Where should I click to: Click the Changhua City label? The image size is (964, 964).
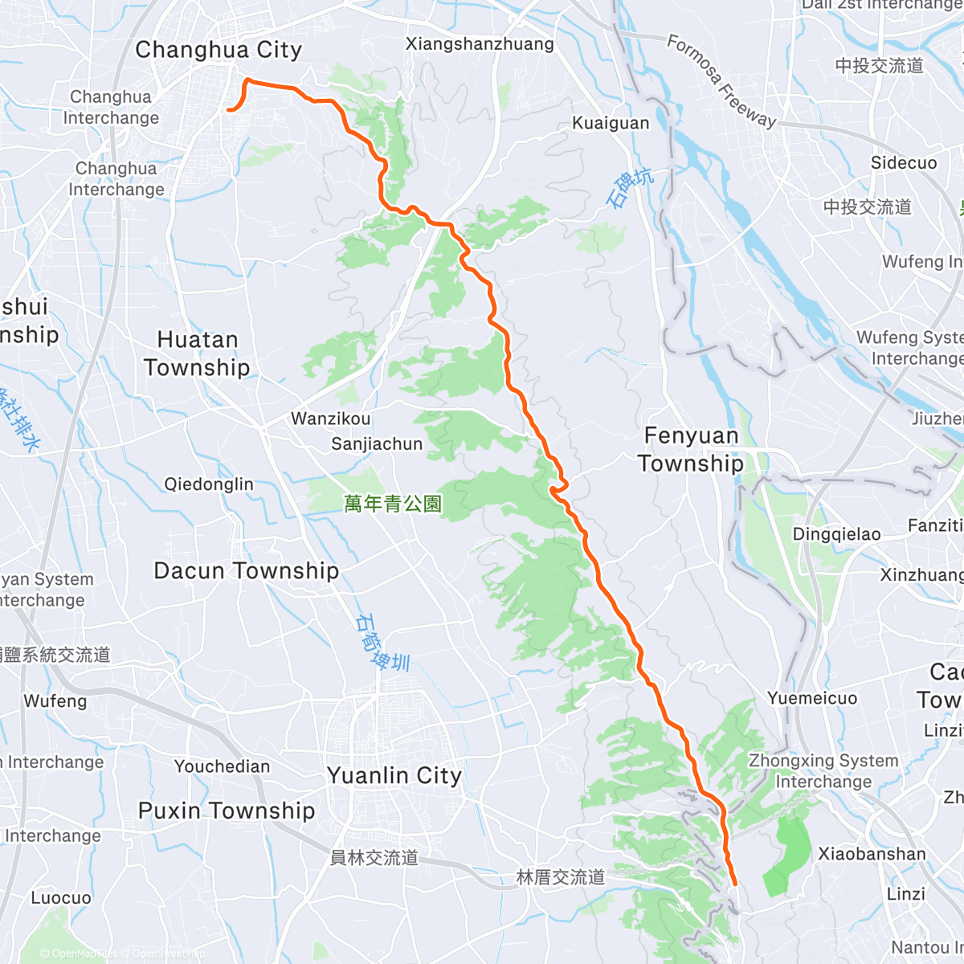(x=219, y=50)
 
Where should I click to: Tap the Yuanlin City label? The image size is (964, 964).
(x=394, y=776)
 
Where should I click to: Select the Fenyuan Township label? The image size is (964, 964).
(x=691, y=449)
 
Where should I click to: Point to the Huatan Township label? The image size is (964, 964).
(x=197, y=353)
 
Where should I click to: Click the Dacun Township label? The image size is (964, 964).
(x=246, y=571)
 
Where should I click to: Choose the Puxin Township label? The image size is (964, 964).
(x=227, y=811)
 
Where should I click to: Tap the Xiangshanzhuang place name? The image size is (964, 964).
(x=480, y=44)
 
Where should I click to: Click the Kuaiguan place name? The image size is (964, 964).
(x=611, y=123)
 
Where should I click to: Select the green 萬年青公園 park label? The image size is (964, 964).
(x=393, y=504)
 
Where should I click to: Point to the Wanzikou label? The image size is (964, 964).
(x=331, y=419)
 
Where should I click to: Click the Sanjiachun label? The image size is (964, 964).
(x=377, y=443)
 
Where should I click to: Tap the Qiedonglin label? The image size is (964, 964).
(x=209, y=484)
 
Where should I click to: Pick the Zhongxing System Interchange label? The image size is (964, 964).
(x=823, y=771)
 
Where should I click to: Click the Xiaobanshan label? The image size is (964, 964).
(x=872, y=854)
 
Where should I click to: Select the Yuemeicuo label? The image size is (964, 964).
(x=812, y=698)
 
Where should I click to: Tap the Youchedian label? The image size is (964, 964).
(x=223, y=766)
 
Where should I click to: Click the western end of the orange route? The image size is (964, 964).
(x=229, y=110)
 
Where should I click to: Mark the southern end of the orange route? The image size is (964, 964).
(x=735, y=884)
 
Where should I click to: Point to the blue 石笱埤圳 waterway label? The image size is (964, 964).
(x=382, y=643)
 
